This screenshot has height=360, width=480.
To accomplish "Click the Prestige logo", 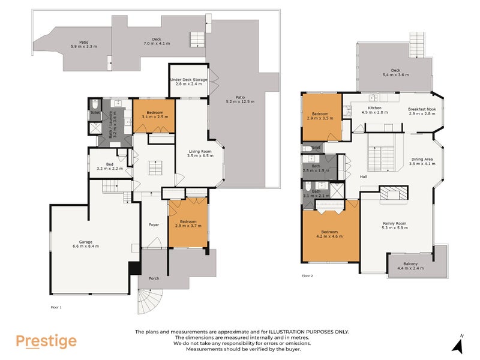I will [x=46, y=341].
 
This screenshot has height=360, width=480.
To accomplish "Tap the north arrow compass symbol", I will [x=458, y=344].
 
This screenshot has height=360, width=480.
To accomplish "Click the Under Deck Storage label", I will [x=188, y=82].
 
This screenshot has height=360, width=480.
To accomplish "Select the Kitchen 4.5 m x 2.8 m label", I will [x=375, y=110].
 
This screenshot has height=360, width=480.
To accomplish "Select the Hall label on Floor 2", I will [x=363, y=177].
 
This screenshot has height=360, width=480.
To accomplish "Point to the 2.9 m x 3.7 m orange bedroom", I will [x=188, y=226].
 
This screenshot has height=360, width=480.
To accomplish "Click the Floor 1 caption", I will [x=56, y=307].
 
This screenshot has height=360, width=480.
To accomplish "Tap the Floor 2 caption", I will [x=308, y=276].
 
